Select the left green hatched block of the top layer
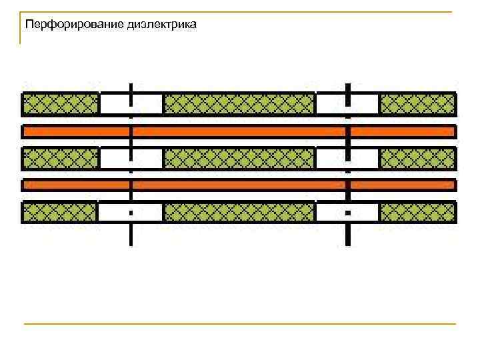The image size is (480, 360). coord(61,104)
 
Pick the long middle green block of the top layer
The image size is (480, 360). coord(239,104)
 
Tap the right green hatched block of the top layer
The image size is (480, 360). coord(417,104)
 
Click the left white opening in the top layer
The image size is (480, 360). coord(131,104)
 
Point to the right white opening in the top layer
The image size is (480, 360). coord(347,104)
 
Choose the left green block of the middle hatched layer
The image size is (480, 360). coord(61,158)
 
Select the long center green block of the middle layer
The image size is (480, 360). coord(239,158)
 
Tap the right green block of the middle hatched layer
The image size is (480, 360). coord(417,158)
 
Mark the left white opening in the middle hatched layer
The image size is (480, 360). coord(131,158)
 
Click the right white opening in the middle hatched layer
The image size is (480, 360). coord(347,158)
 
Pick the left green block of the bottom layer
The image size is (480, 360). coord(61,212)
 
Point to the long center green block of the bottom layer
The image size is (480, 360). coord(239,212)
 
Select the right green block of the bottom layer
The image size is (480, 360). coord(417,212)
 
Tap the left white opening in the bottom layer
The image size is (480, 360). coord(131,212)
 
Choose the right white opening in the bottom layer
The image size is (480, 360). coord(347,212)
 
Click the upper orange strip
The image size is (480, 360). coord(239,131)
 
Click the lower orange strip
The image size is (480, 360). coord(239,185)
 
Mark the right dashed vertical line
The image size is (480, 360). coord(347,233)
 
